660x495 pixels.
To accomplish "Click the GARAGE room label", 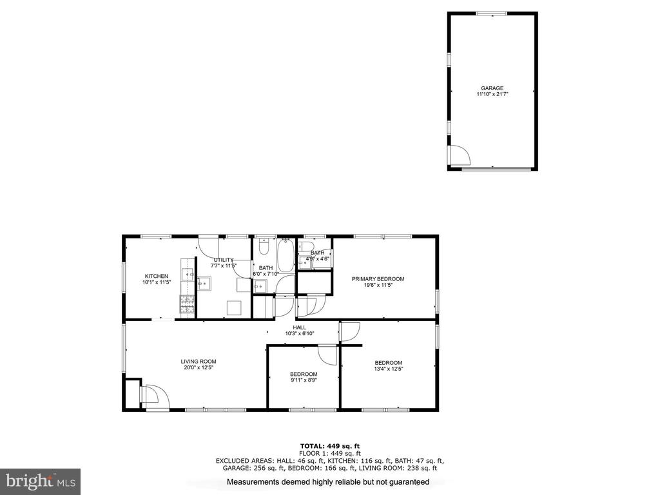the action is tap(492, 88).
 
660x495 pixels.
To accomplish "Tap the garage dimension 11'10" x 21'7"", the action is tap(492, 94).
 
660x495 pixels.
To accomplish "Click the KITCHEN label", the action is tap(157, 276).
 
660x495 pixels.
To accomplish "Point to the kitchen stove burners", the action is tap(188, 305).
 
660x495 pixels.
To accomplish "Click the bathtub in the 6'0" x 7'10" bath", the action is tap(286, 255).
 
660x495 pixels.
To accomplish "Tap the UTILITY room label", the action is tap(223, 260).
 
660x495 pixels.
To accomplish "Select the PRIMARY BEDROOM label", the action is tap(378, 278).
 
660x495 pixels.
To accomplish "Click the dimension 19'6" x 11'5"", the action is tap(378, 285).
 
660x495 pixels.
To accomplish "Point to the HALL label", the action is tap(300, 327).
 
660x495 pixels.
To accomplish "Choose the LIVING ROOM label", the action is tap(199, 361).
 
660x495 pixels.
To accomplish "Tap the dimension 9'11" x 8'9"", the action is tap(304, 380).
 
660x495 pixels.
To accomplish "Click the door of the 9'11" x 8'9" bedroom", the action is tap(327, 354).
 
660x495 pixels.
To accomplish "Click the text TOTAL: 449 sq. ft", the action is tap(330, 446).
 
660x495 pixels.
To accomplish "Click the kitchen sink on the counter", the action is tap(188, 274).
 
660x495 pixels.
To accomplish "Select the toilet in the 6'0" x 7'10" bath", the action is tap(264, 247).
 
